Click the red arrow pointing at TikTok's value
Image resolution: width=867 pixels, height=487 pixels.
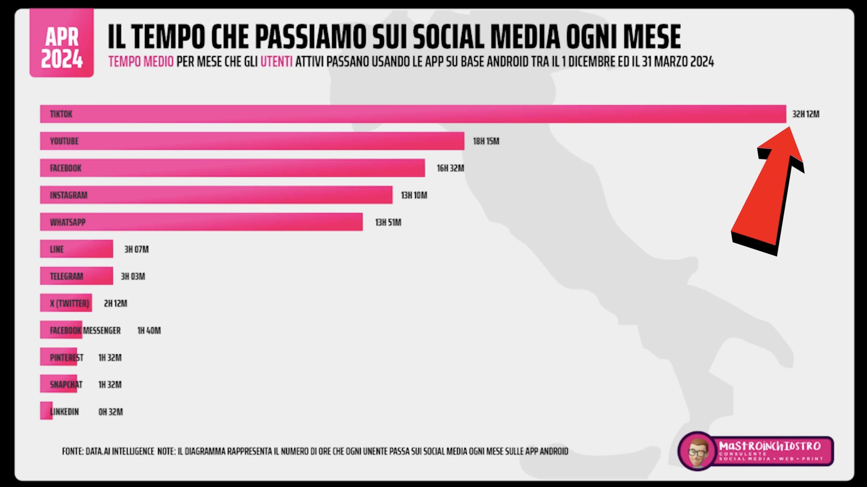point(767,192)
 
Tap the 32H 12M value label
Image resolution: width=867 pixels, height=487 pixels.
point(805,114)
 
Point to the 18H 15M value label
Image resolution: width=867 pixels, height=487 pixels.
point(486,141)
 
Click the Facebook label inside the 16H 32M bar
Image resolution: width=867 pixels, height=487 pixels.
point(66,168)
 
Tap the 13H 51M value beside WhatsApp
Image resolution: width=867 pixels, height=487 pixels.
point(388,222)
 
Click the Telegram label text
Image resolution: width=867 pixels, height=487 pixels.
point(66,276)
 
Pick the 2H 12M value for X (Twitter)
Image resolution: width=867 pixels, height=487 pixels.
point(115,303)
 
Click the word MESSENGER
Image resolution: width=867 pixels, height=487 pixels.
point(102,330)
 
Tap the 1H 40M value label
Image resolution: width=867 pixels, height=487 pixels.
point(149,330)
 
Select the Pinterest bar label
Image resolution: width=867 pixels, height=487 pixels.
point(66,357)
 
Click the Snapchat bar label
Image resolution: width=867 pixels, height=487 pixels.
point(66,385)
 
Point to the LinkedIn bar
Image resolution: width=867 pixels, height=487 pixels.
point(46,411)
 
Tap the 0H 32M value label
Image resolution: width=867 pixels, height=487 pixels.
point(110,412)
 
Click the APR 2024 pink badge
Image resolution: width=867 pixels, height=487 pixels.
point(62,43)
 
